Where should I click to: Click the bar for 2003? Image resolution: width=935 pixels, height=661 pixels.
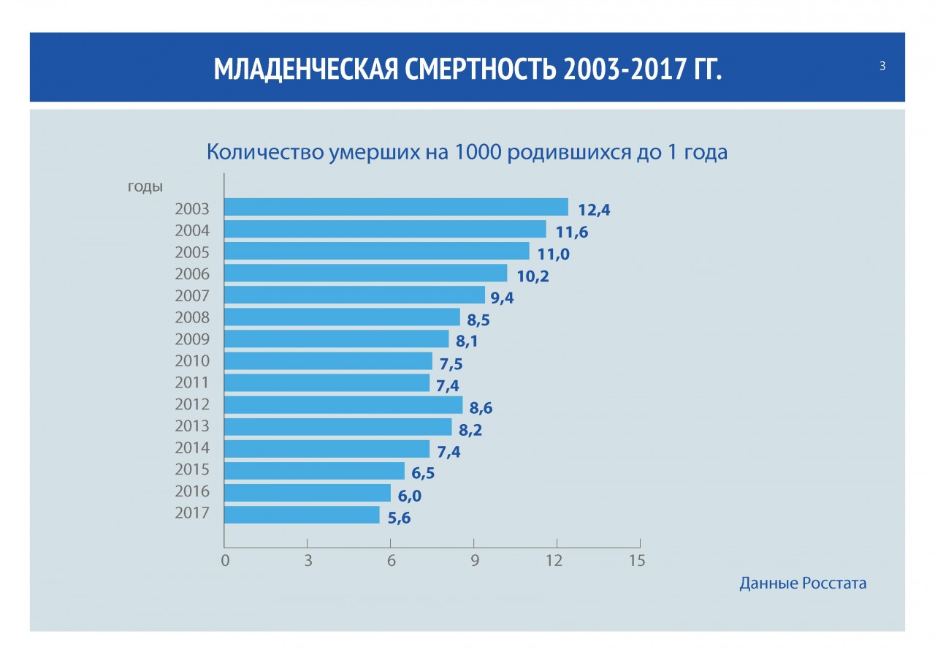(x=396, y=207)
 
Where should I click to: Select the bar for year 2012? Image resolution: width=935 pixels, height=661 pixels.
(x=343, y=404)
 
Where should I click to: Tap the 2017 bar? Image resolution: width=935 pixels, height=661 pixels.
(x=302, y=515)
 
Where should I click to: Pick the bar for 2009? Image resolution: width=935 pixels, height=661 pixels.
(x=336, y=339)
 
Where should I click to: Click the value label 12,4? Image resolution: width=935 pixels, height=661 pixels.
(x=593, y=211)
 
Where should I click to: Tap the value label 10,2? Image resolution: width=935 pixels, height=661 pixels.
(x=532, y=276)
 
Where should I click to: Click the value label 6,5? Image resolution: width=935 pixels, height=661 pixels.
(x=418, y=473)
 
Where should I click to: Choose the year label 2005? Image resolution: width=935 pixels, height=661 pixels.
(x=192, y=252)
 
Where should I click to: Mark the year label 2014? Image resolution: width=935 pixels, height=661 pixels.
(x=192, y=447)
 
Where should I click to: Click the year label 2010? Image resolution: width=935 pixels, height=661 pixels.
(x=192, y=360)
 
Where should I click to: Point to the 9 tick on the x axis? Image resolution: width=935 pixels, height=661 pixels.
(x=474, y=561)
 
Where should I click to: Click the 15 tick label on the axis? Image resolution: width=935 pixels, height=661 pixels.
(x=638, y=561)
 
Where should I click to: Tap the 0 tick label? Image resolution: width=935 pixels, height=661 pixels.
(x=225, y=561)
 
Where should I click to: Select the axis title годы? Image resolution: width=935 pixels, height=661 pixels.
(x=145, y=186)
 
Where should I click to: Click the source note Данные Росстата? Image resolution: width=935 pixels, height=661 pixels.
(x=803, y=583)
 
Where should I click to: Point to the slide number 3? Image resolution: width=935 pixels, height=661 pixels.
(x=882, y=67)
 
